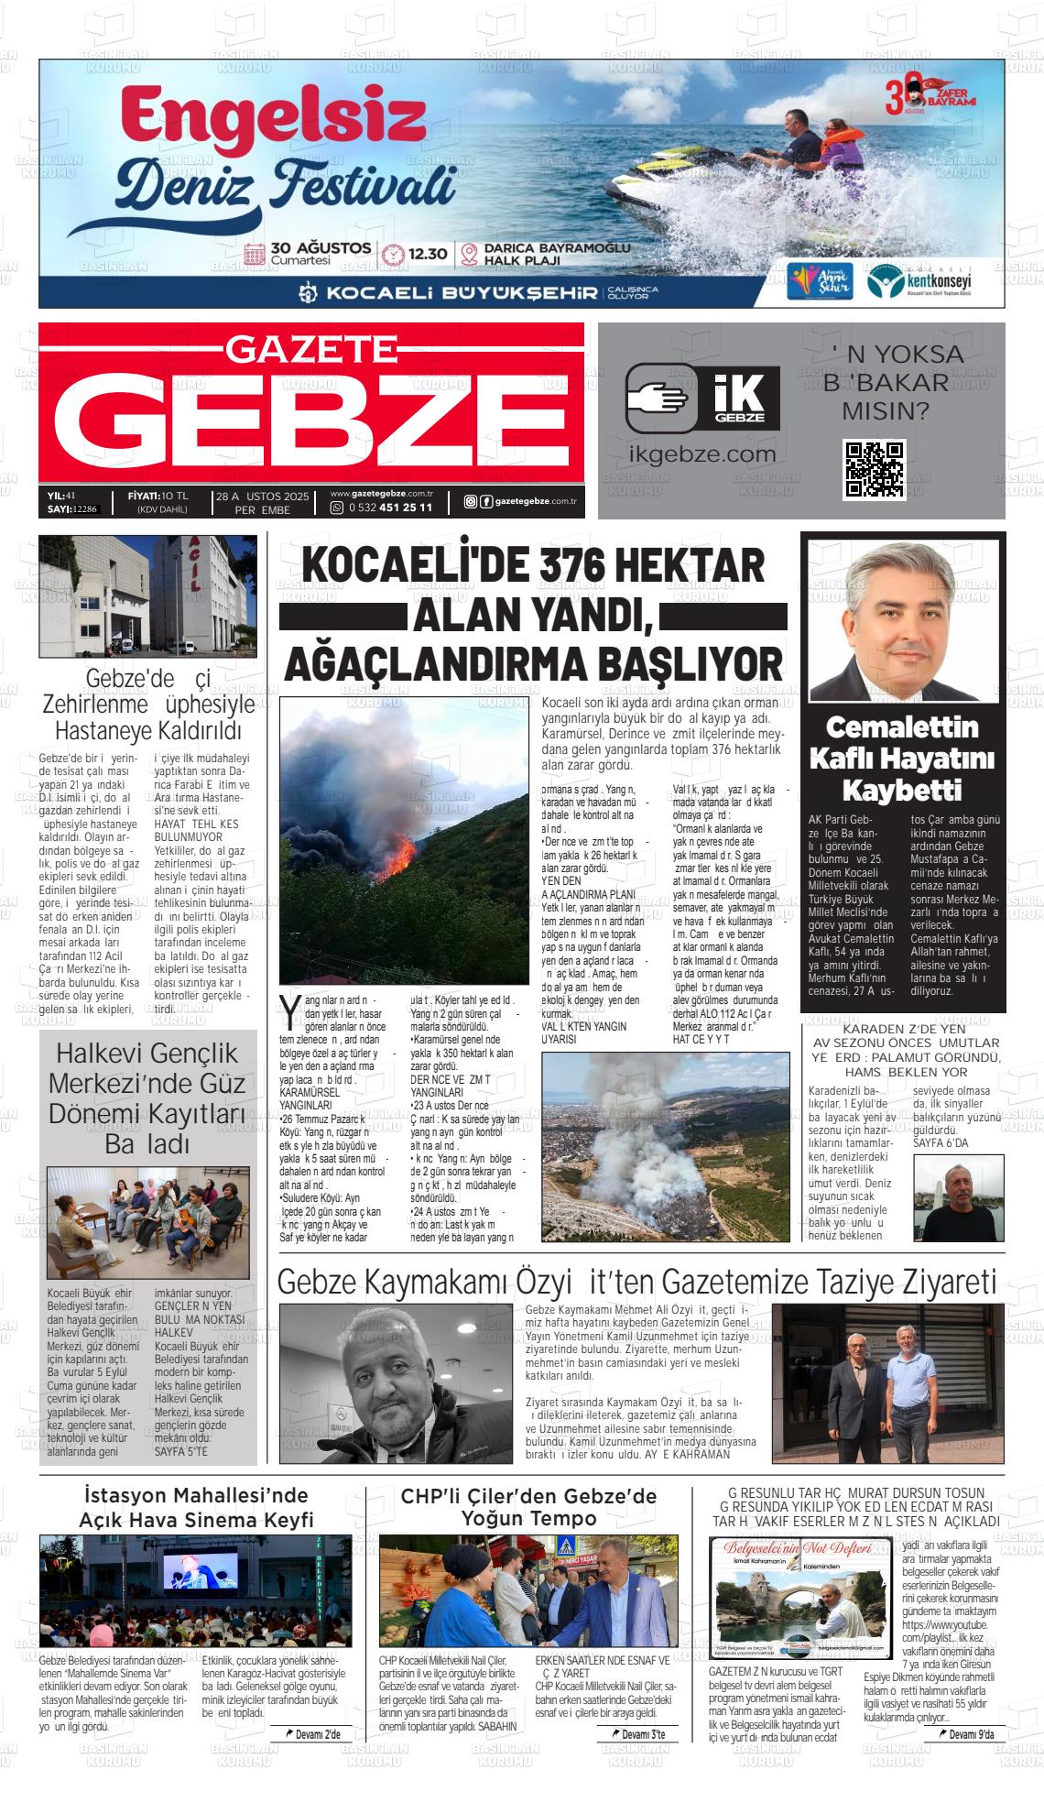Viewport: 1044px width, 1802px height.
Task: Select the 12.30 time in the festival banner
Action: pos(428,254)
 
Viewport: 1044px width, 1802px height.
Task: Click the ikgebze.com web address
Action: pos(702,454)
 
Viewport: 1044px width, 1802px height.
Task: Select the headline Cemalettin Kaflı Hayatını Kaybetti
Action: pos(902,759)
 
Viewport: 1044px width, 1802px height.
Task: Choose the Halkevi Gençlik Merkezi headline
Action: pos(147,1098)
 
